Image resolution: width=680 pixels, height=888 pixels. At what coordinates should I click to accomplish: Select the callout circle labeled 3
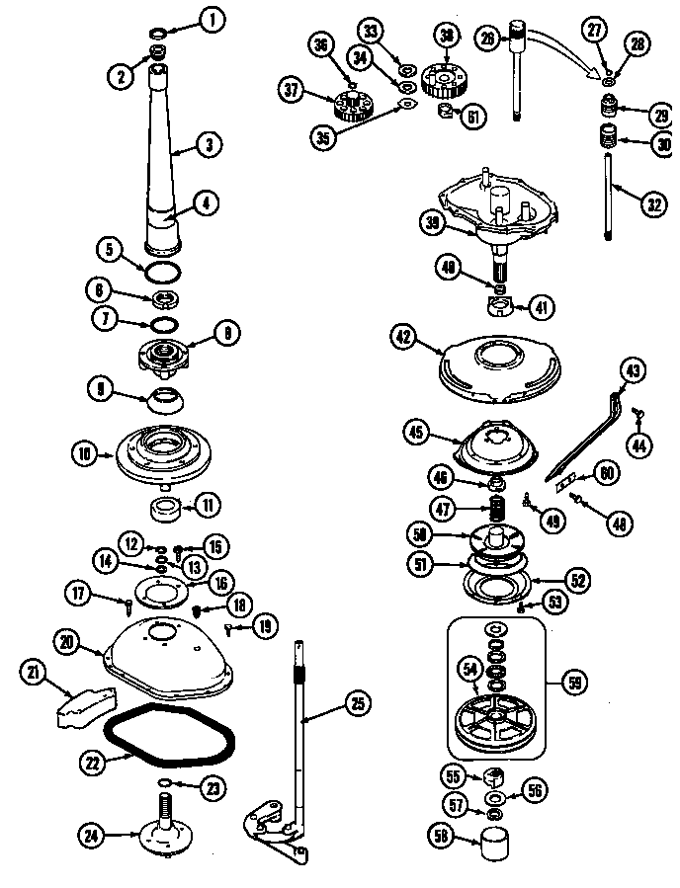tap(209, 144)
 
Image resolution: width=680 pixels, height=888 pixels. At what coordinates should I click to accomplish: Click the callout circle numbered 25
tap(357, 704)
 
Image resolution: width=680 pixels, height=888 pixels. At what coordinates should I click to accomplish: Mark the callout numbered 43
tap(632, 372)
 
